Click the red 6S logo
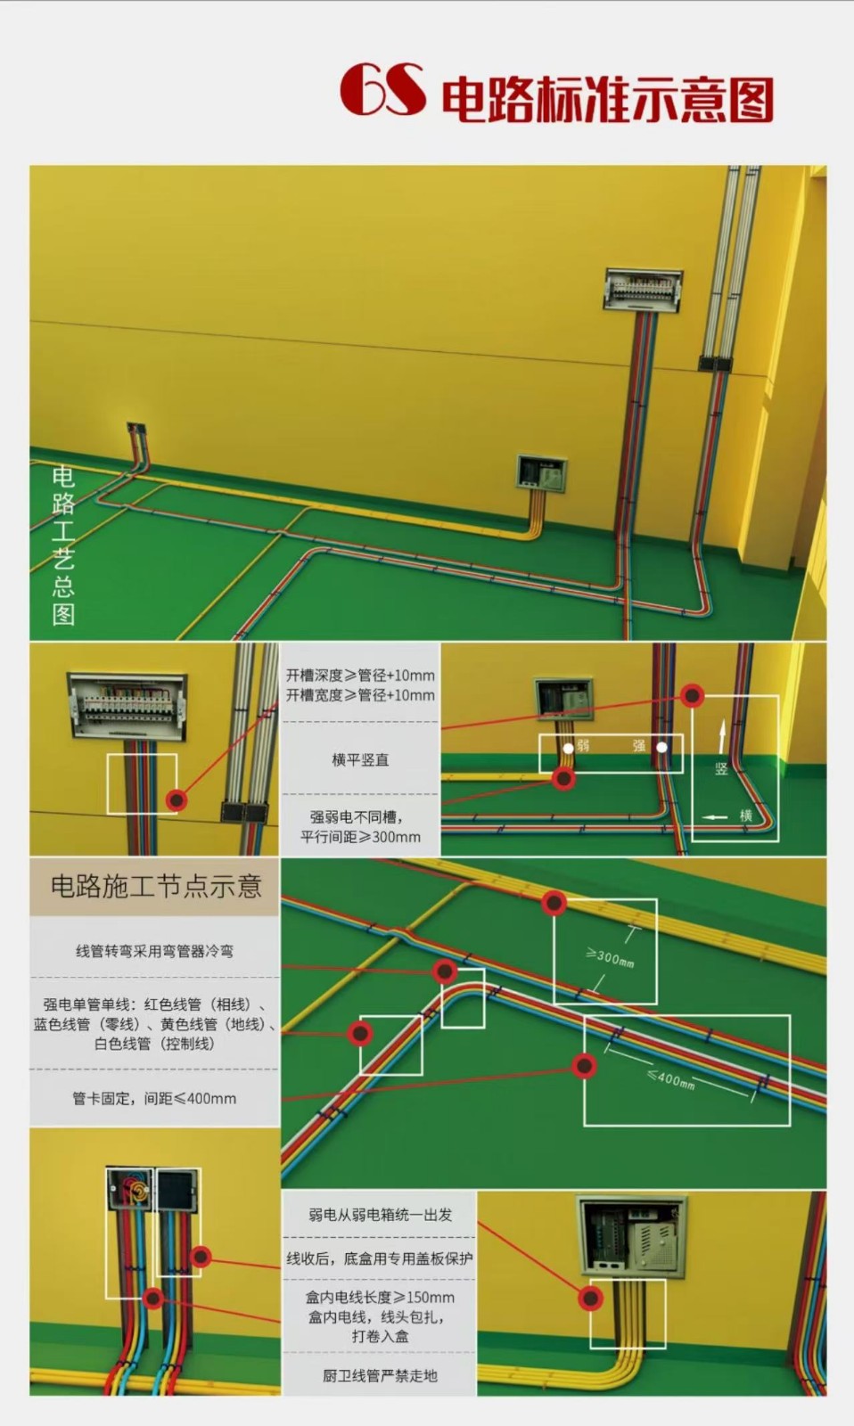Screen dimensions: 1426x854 pyautogui.click(x=382, y=90)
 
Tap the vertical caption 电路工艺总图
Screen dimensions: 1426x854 pyautogui.click(x=63, y=545)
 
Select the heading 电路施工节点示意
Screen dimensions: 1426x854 pyautogui.click(x=155, y=886)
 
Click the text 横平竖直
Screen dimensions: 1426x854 pyautogui.click(x=360, y=759)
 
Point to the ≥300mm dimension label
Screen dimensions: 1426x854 pyautogui.click(x=611, y=958)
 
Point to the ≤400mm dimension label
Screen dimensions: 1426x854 pyautogui.click(x=670, y=1078)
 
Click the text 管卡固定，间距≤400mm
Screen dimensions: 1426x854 pyautogui.click(x=154, y=1098)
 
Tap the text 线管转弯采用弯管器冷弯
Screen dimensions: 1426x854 pyautogui.click(x=154, y=951)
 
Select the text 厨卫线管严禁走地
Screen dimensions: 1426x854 pyautogui.click(x=380, y=1375)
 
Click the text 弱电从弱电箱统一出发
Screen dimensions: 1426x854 pyautogui.click(x=380, y=1215)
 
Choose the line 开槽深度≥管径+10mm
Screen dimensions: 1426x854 pyautogui.click(x=360, y=676)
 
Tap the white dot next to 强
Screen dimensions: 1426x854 pyautogui.click(x=661, y=747)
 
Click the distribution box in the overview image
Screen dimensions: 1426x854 pyautogui.click(x=643, y=289)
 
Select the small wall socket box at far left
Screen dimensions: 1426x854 pyautogui.click(x=135, y=431)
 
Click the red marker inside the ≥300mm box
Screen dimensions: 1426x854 pyautogui.click(x=554, y=903)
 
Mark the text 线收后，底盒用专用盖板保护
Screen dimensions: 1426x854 pyautogui.click(x=380, y=1258)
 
